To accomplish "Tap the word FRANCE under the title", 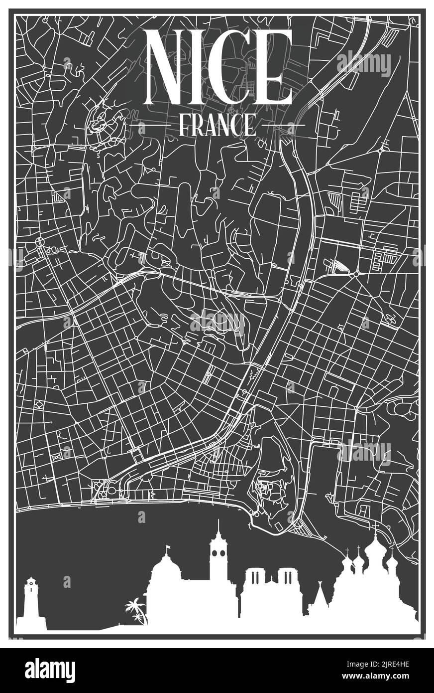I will click(217, 125).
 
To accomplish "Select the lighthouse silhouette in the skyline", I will click(31, 603).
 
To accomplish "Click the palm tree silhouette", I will click(135, 611).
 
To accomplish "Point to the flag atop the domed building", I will click(168, 548).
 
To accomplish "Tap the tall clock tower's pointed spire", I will click(217, 527).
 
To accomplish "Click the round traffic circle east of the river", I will click(356, 274).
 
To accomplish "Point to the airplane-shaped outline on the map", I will click(391, 320).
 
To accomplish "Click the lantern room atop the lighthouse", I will click(31, 582).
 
